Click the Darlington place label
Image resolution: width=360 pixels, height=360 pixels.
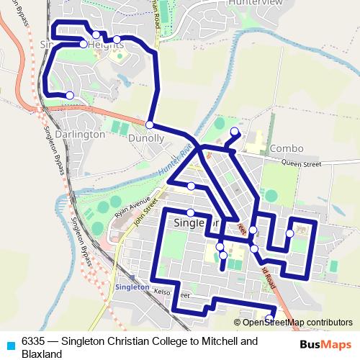point(79,134)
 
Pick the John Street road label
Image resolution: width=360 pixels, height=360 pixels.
point(145,215)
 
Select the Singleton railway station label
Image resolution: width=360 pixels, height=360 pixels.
point(132,287)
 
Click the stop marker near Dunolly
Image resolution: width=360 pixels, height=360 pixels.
point(150,125)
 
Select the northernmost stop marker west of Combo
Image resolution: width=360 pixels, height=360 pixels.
point(234,132)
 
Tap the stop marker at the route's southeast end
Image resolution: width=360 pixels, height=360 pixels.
point(269,318)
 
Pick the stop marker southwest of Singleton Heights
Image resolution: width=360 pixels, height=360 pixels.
point(70,95)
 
